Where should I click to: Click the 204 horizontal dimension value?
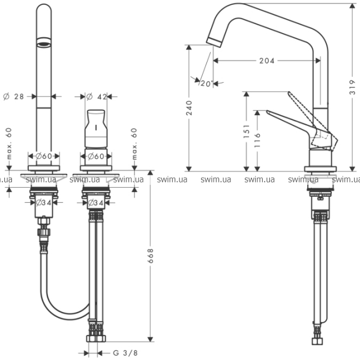point(267,61)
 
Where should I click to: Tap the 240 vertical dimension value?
point(190,108)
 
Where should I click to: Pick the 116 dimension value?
point(257,139)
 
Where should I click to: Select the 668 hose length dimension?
point(151,257)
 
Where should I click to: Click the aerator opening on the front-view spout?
point(44,42)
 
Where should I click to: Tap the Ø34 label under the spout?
point(44,203)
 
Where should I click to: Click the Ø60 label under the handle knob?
point(96,156)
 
